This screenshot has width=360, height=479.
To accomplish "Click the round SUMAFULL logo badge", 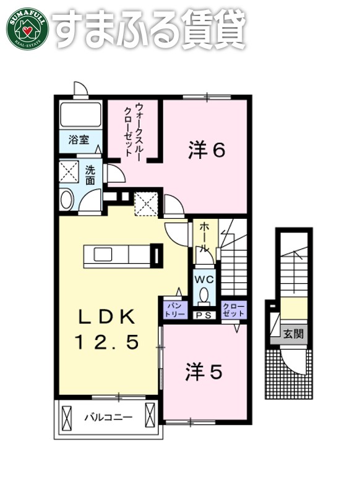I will tap(27, 28).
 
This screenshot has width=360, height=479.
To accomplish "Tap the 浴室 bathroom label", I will tap(79, 140).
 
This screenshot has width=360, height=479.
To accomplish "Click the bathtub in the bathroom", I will tap(80, 115).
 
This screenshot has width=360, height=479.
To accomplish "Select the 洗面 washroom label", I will tap(90, 175).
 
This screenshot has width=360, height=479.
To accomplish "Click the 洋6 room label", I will tap(205, 150).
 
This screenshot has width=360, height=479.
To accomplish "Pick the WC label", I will tap(204, 279).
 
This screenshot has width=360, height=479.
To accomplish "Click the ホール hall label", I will tap(205, 237).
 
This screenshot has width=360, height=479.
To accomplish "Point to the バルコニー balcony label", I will tap(108, 418).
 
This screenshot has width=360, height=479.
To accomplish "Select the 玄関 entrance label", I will tap(293, 334).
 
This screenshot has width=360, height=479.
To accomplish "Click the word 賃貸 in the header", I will tap(212, 28).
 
